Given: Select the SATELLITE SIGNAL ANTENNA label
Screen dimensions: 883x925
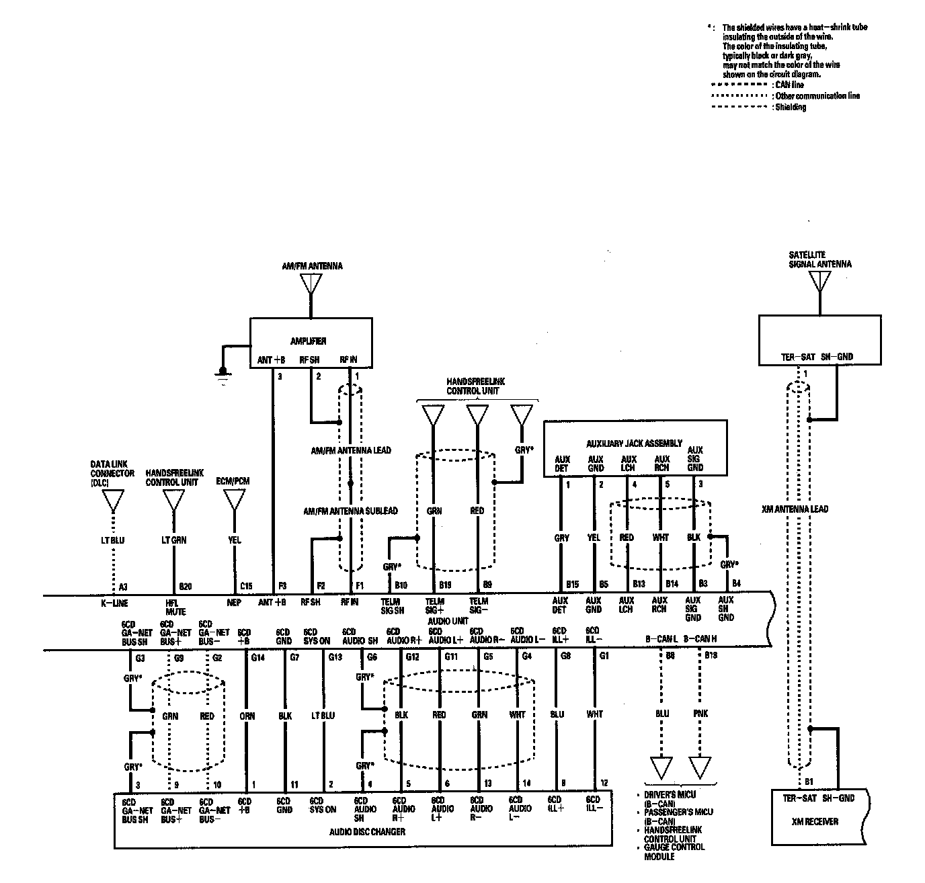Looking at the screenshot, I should [x=820, y=259].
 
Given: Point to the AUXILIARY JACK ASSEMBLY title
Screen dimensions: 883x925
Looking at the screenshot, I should [x=635, y=444].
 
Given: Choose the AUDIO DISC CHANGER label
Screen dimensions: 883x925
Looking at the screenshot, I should [x=367, y=831].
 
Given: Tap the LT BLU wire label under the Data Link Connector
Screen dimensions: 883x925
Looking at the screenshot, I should [x=113, y=540].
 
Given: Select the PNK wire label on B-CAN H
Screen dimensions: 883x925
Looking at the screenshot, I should [x=700, y=714].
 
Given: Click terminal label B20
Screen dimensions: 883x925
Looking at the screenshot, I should [x=186, y=586].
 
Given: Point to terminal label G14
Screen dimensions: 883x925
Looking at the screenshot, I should [x=258, y=657].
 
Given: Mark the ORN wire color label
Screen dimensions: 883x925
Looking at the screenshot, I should [x=247, y=716].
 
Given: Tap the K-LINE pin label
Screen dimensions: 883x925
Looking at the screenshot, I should [x=114, y=603].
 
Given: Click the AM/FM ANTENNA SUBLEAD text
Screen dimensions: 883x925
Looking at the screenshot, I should [x=350, y=511].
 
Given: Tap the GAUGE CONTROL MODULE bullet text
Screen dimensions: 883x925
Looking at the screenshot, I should [x=673, y=851].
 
